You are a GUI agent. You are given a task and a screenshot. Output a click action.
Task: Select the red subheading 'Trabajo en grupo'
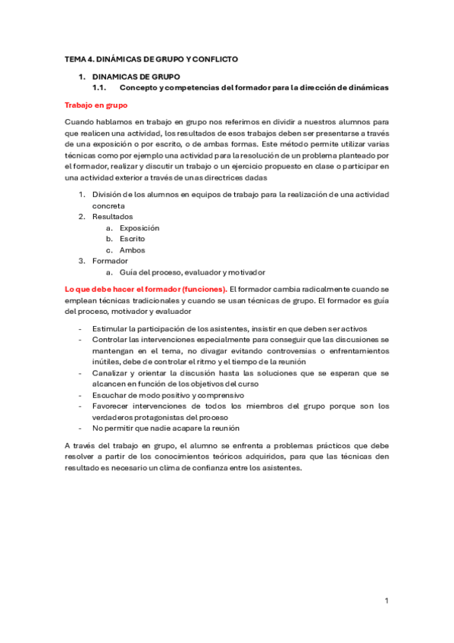[x=96, y=105]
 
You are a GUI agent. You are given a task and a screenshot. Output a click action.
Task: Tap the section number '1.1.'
[x=101, y=87]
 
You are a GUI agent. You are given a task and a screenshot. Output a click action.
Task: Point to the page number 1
[x=387, y=601]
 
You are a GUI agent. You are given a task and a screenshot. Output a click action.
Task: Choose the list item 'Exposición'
[x=139, y=228]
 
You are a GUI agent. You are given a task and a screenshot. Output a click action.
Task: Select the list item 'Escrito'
[x=133, y=239]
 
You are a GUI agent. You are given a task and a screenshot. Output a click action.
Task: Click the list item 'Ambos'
[x=132, y=250]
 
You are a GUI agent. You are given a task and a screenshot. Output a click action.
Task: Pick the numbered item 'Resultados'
[x=112, y=217]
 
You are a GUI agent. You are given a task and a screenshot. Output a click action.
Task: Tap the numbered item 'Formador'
[x=110, y=262]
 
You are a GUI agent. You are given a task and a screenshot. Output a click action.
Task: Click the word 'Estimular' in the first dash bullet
[x=110, y=328]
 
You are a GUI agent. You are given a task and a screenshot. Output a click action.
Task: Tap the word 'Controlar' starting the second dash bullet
[x=111, y=340]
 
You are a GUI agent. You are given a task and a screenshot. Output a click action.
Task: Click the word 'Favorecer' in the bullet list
[x=111, y=406]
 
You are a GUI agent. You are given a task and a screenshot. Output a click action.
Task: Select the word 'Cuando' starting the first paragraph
[x=79, y=121]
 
